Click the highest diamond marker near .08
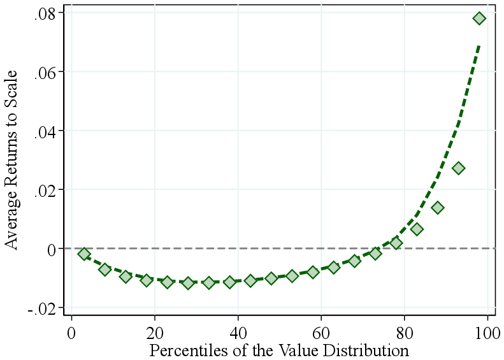pyautogui.click(x=479, y=18)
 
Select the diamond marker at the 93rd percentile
pyautogui.click(x=458, y=168)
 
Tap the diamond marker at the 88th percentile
pyautogui.click(x=438, y=208)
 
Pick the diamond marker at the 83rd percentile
pyautogui.click(x=417, y=229)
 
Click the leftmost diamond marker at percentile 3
pyautogui.click(x=84, y=254)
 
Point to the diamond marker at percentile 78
pyautogui.click(x=396, y=243)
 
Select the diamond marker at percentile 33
pyautogui.click(x=209, y=282)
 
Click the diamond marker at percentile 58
pyautogui.click(x=313, y=272)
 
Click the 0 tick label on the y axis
pyautogui.click(x=53, y=248)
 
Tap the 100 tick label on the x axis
pyautogui.click(x=487, y=333)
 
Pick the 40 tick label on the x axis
pyautogui.click(x=238, y=333)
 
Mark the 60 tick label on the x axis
pyautogui.click(x=321, y=333)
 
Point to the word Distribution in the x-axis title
pyautogui.click(x=371, y=350)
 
